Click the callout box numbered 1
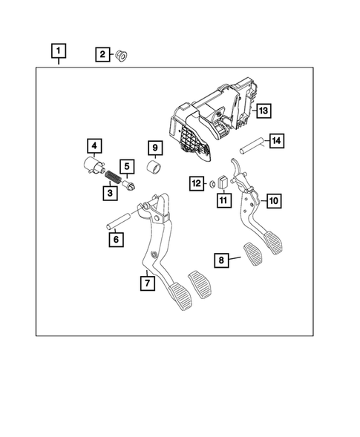click(59, 51)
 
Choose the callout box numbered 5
click(127, 168)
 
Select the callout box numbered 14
click(276, 139)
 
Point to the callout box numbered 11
click(222, 199)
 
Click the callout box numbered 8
click(220, 260)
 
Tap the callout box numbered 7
click(147, 283)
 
